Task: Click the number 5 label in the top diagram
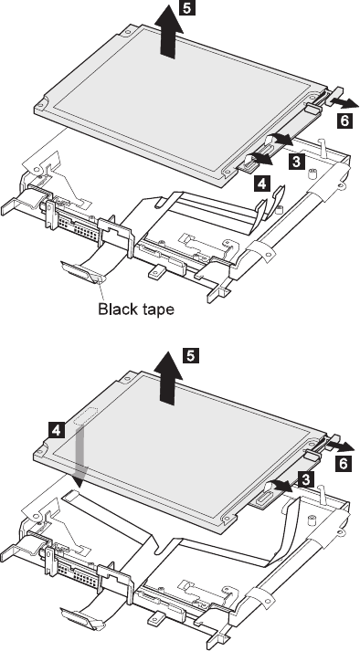click(187, 8)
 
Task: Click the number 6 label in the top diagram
click(344, 121)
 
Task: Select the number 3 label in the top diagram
click(296, 161)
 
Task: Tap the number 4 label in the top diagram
click(262, 184)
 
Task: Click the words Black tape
click(136, 309)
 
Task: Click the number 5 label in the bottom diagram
click(191, 356)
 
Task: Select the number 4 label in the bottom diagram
click(56, 430)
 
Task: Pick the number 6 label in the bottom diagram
click(344, 463)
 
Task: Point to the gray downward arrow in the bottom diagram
click(79, 457)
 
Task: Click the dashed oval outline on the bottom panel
click(85, 415)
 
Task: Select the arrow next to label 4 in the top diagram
click(259, 158)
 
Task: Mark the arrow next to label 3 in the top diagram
click(281, 140)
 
